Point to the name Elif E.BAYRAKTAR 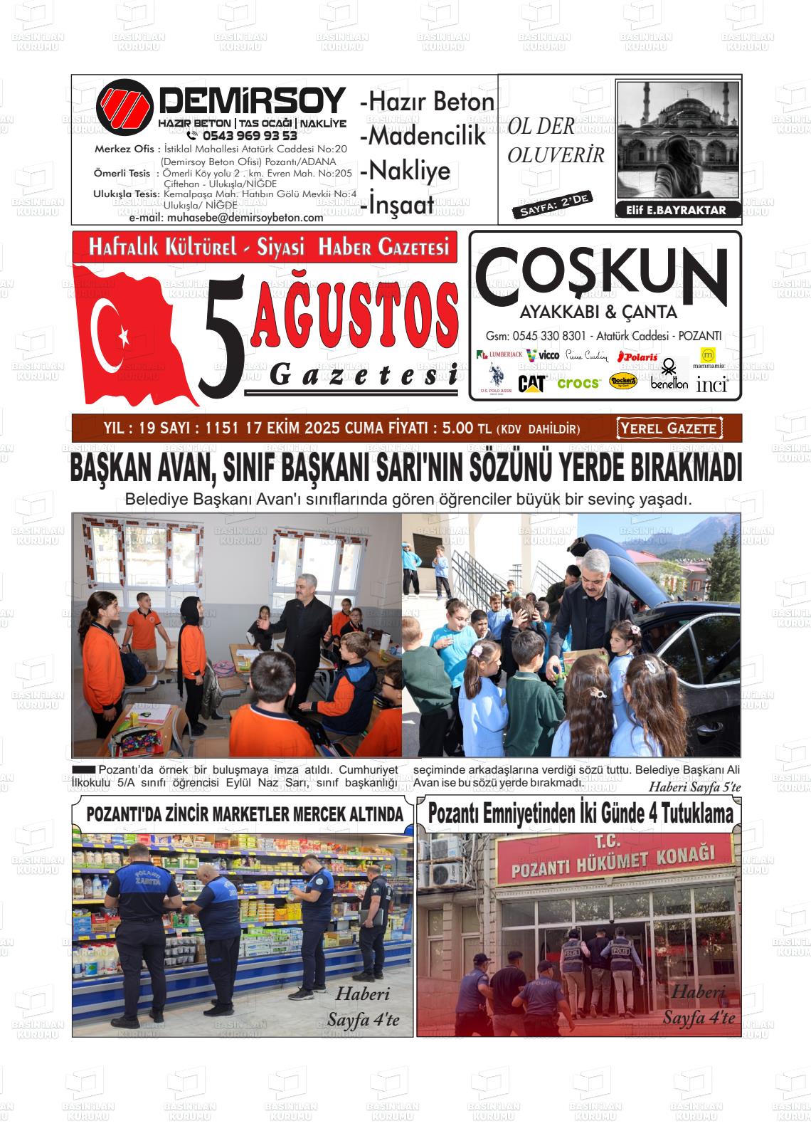pyautogui.click(x=677, y=210)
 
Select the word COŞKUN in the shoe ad pyautogui.click(x=602, y=273)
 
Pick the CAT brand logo pyautogui.click(x=531, y=384)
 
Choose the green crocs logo pyautogui.click(x=578, y=383)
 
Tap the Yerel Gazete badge pyautogui.click(x=669, y=428)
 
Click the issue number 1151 pyautogui.click(x=221, y=428)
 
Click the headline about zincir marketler pyautogui.click(x=245, y=814)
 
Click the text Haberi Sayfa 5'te pyautogui.click(x=694, y=786)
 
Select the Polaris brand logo pyautogui.click(x=638, y=357)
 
